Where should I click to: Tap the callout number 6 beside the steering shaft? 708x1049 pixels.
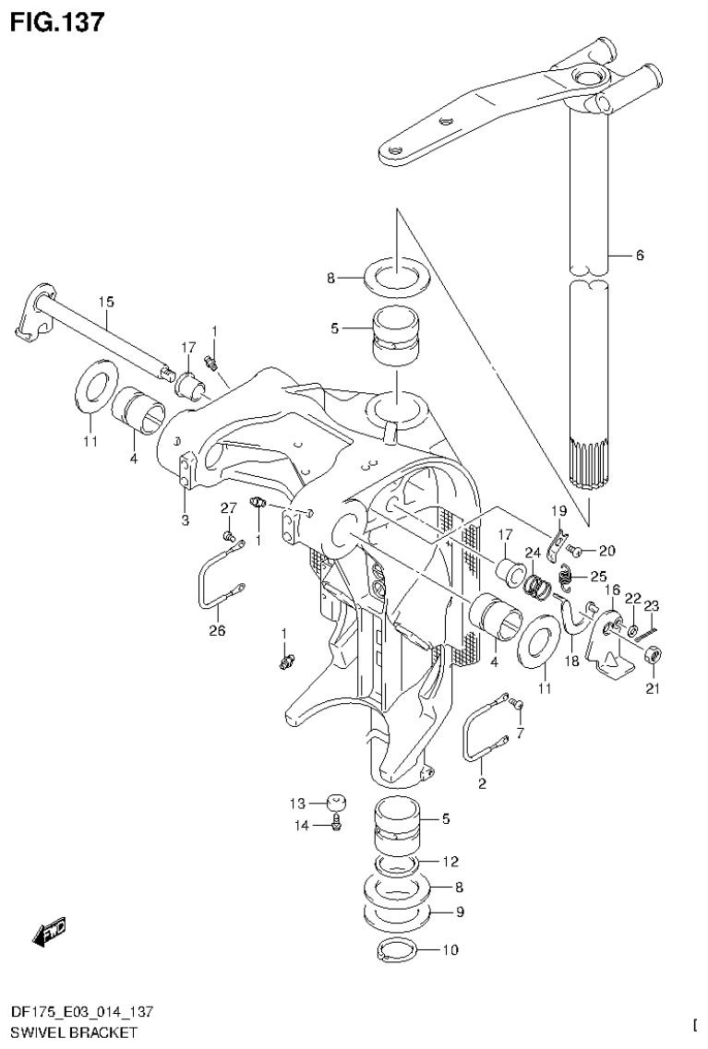(638, 256)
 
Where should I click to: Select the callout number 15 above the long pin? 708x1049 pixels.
(106, 302)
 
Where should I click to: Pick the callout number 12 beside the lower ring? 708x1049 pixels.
(450, 862)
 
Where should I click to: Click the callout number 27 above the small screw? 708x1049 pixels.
(229, 508)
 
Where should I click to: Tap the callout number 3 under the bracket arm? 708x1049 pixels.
(185, 520)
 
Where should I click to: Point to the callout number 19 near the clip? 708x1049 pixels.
(558, 510)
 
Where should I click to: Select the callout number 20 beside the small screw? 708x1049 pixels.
(606, 551)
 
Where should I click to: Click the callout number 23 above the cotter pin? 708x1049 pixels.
(652, 606)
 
